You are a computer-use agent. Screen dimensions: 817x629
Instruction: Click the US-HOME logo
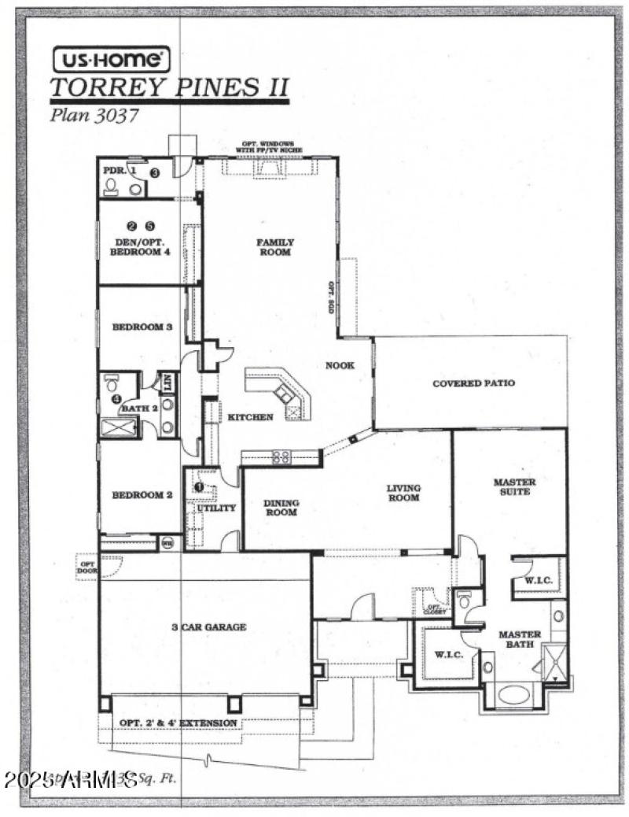coord(110,59)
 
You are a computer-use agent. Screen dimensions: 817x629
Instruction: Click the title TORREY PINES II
coord(169,87)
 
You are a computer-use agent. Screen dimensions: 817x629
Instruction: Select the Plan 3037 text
coord(94,115)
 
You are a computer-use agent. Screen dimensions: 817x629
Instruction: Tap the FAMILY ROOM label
coord(274,247)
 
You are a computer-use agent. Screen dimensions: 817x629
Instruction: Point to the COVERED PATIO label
coord(473,383)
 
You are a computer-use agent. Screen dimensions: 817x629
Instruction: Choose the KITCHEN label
coord(250,416)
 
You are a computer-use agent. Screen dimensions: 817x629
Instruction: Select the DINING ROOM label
coord(280,507)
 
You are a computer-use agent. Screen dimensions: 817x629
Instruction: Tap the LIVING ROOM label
coord(403,493)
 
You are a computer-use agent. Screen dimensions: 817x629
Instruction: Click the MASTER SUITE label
coord(514,486)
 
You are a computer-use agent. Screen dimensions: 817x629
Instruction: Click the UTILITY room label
coord(215,508)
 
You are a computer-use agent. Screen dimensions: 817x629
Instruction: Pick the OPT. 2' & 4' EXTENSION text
coord(178,723)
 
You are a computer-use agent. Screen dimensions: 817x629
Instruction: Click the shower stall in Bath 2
coord(118,427)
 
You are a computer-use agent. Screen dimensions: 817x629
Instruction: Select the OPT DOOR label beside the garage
coord(85,565)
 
